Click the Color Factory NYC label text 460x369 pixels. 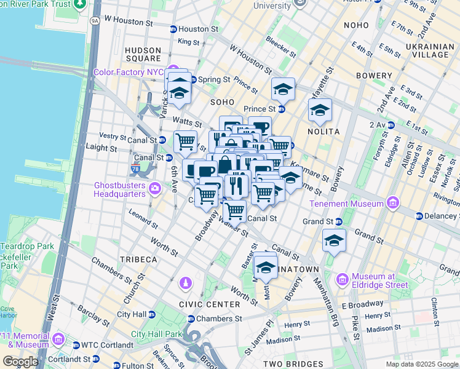(127, 72)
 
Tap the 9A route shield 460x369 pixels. (94, 20)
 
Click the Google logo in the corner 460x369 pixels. (20, 362)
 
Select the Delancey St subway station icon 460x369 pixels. (419, 216)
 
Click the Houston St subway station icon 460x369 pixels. (173, 29)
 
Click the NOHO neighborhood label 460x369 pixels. (357, 25)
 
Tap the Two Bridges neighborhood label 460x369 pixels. (294, 364)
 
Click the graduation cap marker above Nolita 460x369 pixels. (319, 111)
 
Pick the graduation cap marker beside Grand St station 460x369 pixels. (334, 240)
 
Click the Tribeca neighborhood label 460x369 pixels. (138, 260)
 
